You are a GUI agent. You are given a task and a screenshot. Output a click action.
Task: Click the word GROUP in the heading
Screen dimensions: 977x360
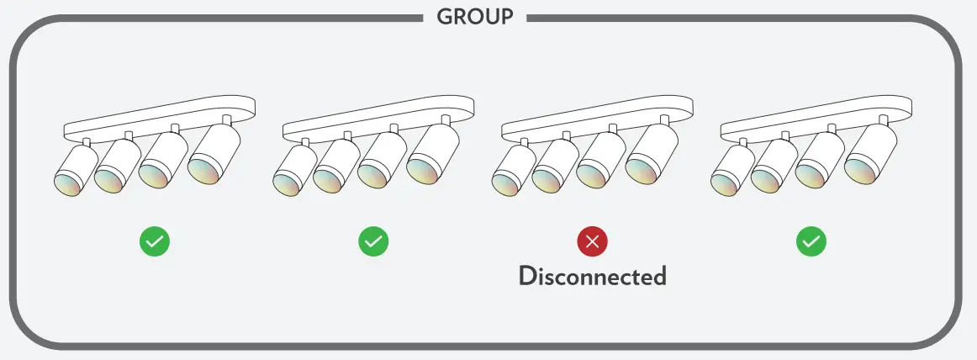[475, 16]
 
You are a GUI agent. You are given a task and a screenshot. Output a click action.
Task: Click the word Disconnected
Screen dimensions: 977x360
[593, 276]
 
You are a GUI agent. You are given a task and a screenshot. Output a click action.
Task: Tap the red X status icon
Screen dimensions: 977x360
[593, 241]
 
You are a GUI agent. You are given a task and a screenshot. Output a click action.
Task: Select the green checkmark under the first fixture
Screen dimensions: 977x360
[155, 241]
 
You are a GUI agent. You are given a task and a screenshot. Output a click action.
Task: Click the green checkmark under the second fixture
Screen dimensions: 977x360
[373, 241]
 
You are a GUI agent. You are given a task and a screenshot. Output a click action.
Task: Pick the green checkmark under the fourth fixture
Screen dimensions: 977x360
[811, 241]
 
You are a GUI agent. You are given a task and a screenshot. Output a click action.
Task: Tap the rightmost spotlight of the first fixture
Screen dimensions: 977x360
[214, 154]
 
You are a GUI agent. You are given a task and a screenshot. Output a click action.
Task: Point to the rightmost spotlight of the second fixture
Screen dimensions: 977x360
[433, 154]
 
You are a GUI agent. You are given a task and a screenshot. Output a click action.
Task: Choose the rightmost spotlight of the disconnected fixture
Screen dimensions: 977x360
[652, 154]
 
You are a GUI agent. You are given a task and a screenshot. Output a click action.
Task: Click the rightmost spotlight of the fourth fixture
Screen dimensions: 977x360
[871, 154]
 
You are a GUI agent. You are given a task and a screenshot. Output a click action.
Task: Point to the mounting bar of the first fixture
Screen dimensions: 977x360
[160, 119]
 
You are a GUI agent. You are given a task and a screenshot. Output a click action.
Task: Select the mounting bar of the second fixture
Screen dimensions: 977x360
[379, 119]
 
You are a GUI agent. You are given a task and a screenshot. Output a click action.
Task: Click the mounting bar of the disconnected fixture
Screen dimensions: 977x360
[598, 119]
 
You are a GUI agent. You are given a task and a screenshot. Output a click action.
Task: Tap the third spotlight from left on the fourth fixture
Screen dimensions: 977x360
[820, 160]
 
